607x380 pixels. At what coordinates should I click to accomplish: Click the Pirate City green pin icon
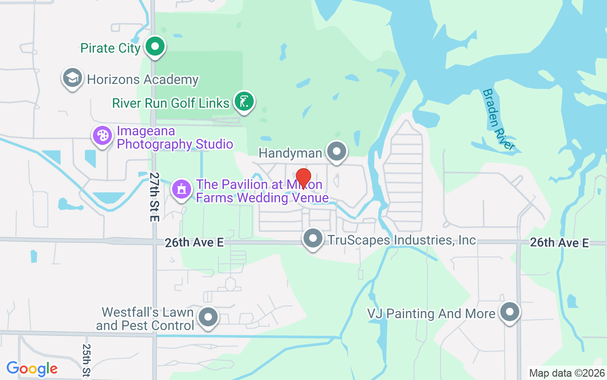(155, 47)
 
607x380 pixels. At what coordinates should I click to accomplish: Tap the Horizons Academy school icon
(73, 78)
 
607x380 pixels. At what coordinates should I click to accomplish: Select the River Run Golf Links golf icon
(244, 102)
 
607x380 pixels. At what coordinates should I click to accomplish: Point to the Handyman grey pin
(337, 152)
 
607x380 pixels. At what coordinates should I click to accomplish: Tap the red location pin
(303, 178)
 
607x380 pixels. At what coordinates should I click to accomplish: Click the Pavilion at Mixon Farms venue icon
(181, 190)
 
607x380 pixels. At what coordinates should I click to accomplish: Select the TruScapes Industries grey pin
(313, 239)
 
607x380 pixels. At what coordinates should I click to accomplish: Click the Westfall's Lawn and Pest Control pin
(207, 317)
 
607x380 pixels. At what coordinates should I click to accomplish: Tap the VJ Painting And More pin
(510, 312)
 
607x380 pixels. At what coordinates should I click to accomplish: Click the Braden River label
(497, 119)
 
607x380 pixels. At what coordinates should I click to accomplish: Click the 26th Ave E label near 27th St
(194, 243)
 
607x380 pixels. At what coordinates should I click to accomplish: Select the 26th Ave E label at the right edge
(559, 243)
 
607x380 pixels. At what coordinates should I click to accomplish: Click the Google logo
(32, 369)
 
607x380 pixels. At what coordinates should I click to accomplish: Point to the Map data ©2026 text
(567, 373)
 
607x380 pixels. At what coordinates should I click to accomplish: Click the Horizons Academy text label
(143, 79)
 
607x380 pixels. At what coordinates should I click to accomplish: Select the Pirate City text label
(110, 48)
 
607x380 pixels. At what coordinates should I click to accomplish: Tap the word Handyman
(290, 153)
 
